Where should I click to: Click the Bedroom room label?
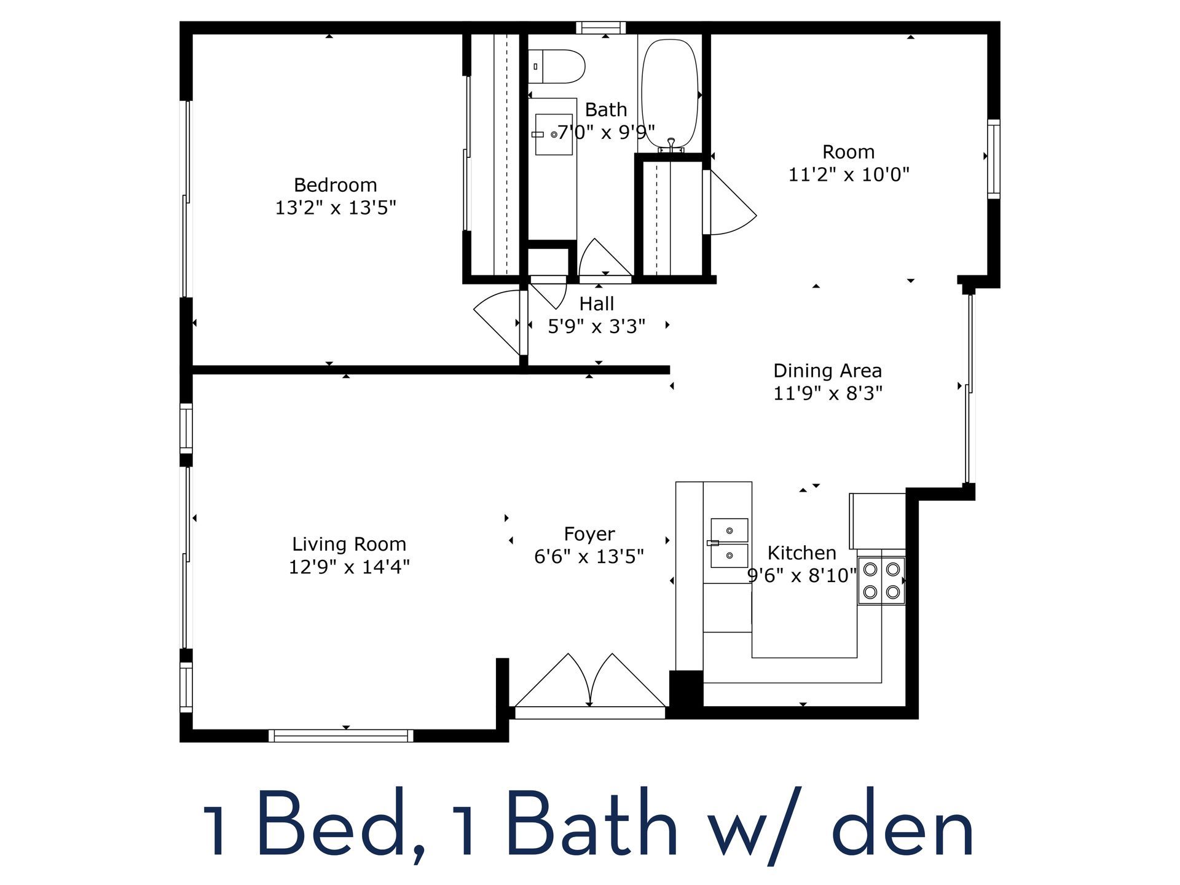335,185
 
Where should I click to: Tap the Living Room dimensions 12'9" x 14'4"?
349,567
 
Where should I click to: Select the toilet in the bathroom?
556,66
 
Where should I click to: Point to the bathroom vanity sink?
554,134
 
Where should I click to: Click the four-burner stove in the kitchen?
881,581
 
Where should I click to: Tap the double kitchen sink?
730,543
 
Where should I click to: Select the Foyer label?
589,534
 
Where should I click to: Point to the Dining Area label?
827,371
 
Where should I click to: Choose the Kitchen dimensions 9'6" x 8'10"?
801,576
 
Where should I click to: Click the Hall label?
597,304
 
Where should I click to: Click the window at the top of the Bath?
600,27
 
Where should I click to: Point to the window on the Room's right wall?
993,159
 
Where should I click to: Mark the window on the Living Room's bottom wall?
341,735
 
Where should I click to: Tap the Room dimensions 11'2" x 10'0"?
848,175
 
